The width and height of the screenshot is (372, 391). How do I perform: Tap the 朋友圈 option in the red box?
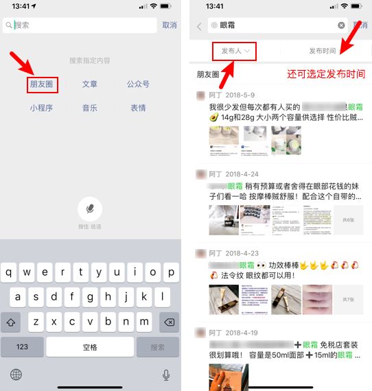(x=43, y=84)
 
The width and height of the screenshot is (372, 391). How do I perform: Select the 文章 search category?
(x=89, y=84)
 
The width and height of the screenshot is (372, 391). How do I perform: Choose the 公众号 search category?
(x=138, y=84)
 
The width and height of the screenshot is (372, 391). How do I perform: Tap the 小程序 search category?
(x=43, y=108)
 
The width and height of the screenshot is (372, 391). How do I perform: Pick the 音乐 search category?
(x=89, y=108)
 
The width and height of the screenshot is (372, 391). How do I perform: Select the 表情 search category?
(x=138, y=108)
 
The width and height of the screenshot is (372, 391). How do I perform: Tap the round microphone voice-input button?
(x=89, y=208)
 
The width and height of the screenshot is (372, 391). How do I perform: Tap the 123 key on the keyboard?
(x=22, y=347)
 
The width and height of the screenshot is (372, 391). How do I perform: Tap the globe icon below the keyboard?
(x=16, y=375)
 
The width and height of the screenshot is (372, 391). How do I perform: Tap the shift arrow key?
(x=11, y=322)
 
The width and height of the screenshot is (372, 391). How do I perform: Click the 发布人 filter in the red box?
(x=234, y=51)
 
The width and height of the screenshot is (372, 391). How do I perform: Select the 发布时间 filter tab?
(x=323, y=51)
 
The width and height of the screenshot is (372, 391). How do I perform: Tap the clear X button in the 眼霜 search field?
(x=341, y=25)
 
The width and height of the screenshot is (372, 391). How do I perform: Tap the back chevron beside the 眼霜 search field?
(x=200, y=26)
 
